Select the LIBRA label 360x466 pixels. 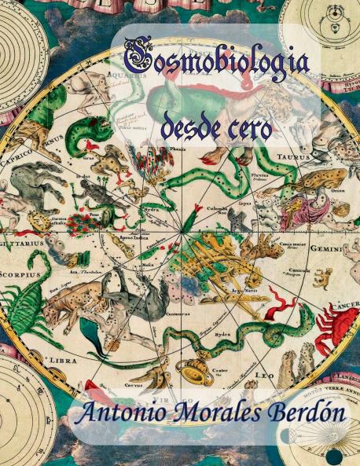(59, 359)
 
